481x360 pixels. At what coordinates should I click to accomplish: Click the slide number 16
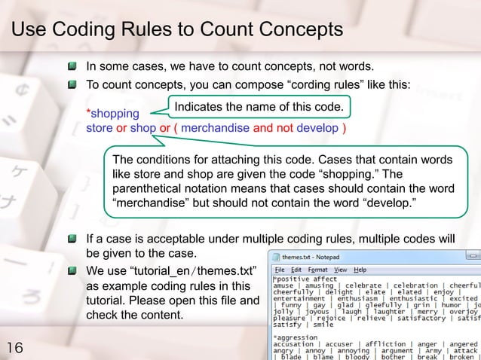tap(14, 347)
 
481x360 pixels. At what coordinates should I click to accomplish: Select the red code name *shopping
tap(113, 114)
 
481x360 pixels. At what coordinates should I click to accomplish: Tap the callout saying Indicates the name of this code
tap(259, 108)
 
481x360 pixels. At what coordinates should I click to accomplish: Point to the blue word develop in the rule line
tap(317, 128)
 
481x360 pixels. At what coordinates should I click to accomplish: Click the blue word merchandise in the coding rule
tap(216, 128)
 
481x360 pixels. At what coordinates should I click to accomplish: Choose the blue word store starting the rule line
tap(100, 128)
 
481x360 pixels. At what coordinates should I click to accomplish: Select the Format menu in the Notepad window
tap(317, 270)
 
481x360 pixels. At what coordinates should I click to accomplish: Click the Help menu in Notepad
tap(360, 270)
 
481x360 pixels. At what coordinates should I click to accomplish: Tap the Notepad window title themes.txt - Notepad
tap(311, 257)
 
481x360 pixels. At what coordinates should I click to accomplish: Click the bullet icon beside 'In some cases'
tap(72, 66)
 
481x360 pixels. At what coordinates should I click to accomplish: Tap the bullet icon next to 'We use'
tap(72, 270)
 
